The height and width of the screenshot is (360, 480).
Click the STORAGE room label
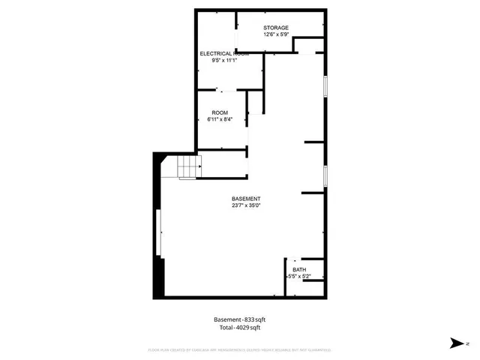275,28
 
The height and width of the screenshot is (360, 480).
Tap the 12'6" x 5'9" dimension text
275,34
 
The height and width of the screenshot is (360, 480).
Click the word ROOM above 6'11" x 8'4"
219,112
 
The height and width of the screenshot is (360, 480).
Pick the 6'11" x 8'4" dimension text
219,119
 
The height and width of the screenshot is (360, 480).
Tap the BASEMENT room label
245,199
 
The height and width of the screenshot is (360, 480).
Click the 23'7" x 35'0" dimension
245,205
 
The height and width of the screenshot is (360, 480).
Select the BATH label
299,270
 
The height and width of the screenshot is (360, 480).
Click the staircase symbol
189,168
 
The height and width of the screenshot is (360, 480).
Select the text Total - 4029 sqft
240,328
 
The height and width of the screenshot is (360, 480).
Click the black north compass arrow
454,343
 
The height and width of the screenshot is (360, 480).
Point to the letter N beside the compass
466,343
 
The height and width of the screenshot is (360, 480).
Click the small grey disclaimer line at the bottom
240,349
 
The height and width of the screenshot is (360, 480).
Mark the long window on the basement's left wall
158,233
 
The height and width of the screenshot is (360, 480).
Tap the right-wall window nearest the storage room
325,85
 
